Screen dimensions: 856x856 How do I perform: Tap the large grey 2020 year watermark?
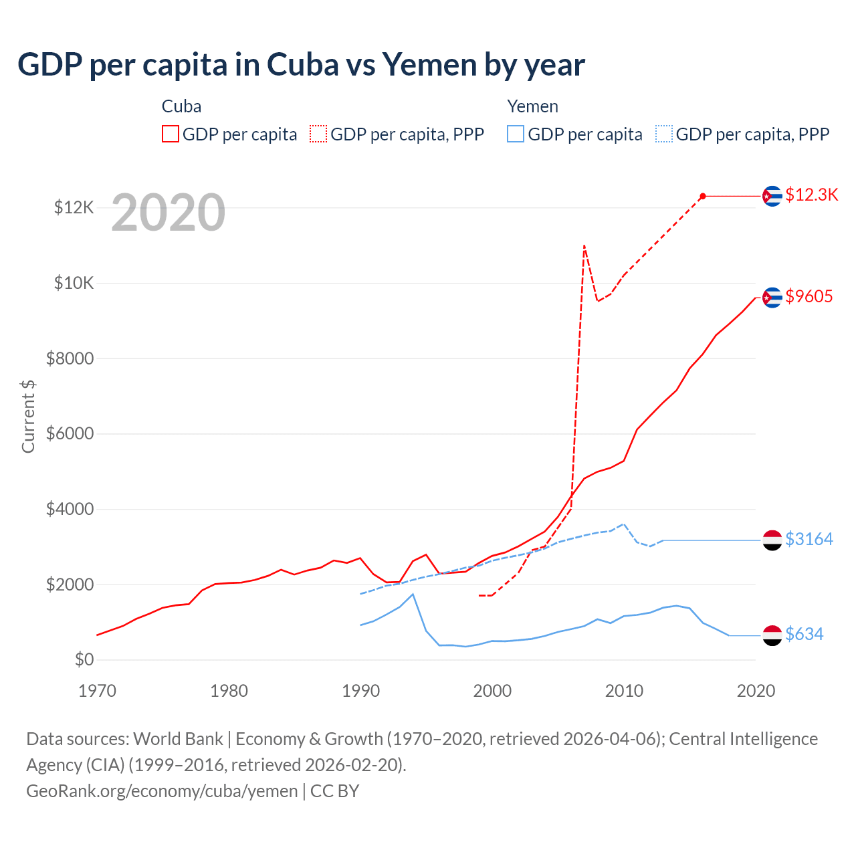[x=169, y=213]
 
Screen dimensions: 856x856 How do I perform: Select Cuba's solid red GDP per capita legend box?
[x=171, y=134]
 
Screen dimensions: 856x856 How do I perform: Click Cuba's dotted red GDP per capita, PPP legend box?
[x=318, y=134]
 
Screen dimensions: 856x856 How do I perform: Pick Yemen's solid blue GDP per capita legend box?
[x=516, y=134]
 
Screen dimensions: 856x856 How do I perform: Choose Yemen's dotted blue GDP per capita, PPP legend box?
[x=664, y=134]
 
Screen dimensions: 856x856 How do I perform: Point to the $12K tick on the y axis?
[x=74, y=207]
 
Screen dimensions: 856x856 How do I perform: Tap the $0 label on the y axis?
[x=84, y=659]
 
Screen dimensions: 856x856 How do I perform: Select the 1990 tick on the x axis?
[x=361, y=691]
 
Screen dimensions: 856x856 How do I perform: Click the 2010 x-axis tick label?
[x=624, y=691]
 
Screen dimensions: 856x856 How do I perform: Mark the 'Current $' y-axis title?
[x=28, y=416]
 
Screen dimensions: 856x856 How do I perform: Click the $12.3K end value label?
[x=812, y=195]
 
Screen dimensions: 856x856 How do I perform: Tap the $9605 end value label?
[x=809, y=296]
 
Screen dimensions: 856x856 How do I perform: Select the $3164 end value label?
[x=809, y=539]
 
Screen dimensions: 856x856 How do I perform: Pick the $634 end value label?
[x=805, y=634]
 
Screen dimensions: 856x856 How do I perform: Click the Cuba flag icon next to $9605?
[x=772, y=298]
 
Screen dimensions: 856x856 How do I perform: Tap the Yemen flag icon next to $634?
[x=772, y=635]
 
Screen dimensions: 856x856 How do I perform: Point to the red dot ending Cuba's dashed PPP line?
[x=703, y=196]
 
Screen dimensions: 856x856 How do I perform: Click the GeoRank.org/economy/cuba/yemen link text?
[x=162, y=791]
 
